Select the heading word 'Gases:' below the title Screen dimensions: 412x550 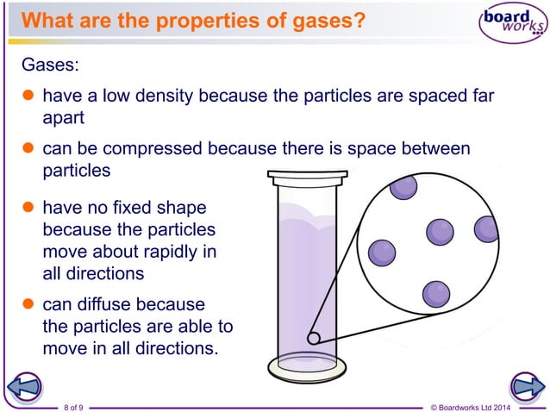[x=50, y=65]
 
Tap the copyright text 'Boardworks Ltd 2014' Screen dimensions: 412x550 [x=490, y=405]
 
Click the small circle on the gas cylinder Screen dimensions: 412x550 [x=315, y=338]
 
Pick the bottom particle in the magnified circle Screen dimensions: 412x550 [x=435, y=293]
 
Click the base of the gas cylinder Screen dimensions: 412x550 [x=307, y=365]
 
